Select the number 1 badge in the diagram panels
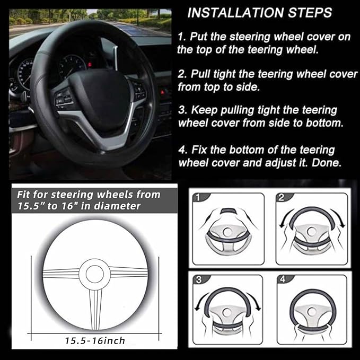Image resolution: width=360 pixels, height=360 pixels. coord(198,198)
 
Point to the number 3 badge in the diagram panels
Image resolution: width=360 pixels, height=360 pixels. coord(198,279)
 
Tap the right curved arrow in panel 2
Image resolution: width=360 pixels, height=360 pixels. coord(339,218)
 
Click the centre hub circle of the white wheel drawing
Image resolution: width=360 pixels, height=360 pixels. coord(95,273)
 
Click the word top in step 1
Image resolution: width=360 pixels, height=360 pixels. coord(202,51)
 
